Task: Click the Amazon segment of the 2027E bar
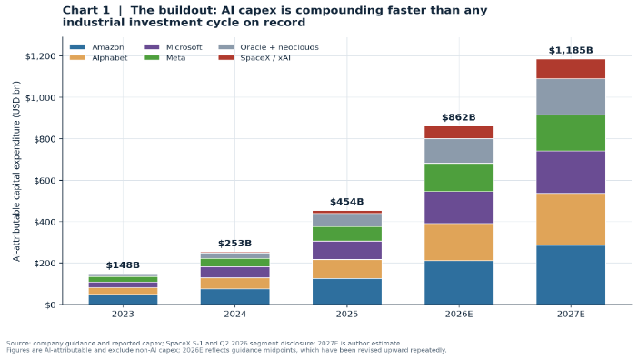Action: click(x=571, y=275)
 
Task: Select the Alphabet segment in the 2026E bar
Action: click(x=459, y=242)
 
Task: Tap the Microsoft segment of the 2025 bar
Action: click(x=346, y=250)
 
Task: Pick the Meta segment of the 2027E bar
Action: click(x=571, y=133)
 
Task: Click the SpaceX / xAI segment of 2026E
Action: click(x=459, y=132)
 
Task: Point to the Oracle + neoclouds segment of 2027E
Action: click(x=571, y=96)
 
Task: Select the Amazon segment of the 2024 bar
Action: click(x=234, y=296)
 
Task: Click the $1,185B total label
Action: click(x=571, y=50)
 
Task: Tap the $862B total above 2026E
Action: click(x=459, y=117)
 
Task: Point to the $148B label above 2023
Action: click(x=123, y=265)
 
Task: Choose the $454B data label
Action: click(x=346, y=202)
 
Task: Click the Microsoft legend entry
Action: click(x=173, y=47)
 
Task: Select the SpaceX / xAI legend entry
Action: click(x=254, y=58)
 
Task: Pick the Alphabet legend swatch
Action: click(x=77, y=58)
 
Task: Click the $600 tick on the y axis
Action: click(x=45, y=180)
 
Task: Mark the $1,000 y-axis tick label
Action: click(x=41, y=97)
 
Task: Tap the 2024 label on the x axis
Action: click(x=234, y=315)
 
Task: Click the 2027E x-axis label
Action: click(x=571, y=315)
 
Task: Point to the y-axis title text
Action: click(x=16, y=171)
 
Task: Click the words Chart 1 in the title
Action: click(x=85, y=10)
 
